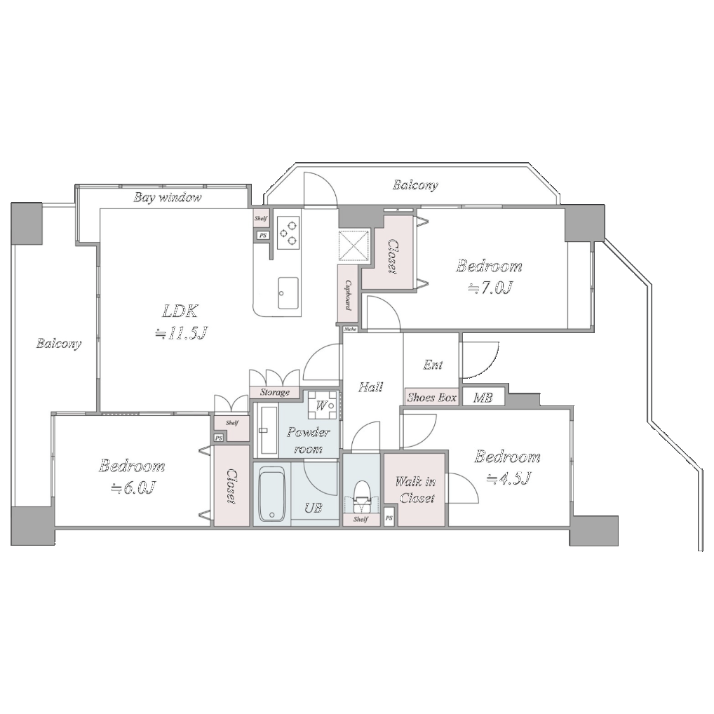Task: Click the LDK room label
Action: pos(180,311)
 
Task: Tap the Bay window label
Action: pos(168,198)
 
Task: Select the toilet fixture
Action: pos(363,497)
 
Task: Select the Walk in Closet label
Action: pos(416,489)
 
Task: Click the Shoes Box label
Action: pos(431,398)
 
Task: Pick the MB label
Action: pos(483,398)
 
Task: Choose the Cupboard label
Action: pos(349,295)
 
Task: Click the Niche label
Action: pos(350,329)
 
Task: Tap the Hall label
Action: pos(370,387)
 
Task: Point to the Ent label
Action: pos(433,365)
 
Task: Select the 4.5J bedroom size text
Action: pos(509,479)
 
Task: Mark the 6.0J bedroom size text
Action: pos(134,489)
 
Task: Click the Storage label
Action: pos(274,393)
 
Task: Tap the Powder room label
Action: pos(309,440)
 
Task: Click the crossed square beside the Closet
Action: pos(353,245)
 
